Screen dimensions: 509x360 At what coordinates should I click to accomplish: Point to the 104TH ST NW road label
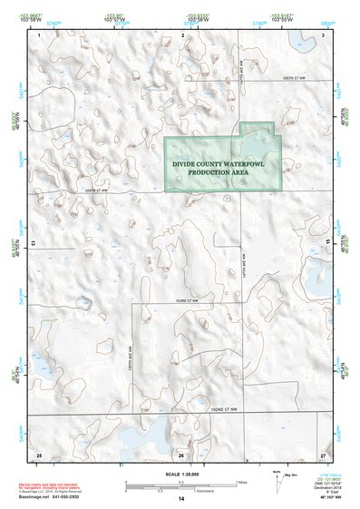click(x=94, y=191)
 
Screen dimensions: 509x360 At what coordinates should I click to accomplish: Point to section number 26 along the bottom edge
click(x=181, y=454)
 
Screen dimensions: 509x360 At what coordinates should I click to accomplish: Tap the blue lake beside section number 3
click(x=300, y=39)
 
